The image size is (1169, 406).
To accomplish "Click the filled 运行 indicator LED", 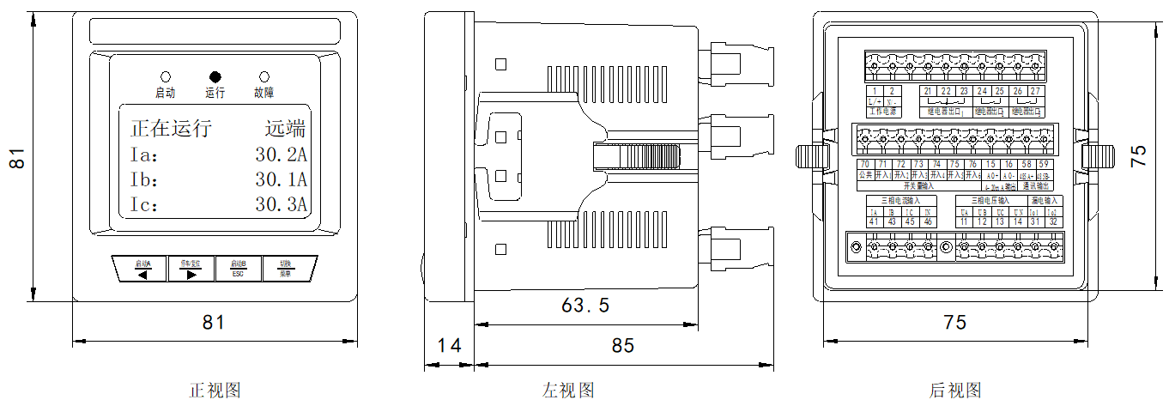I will [215, 76].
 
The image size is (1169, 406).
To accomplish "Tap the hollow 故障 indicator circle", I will [264, 76].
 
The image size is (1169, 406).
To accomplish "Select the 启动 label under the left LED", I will [165, 93].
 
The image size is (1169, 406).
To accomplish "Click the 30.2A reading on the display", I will [282, 155].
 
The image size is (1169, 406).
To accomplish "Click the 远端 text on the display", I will [285, 130].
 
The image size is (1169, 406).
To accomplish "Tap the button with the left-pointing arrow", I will [142, 269].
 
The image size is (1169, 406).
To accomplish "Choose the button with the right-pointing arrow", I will [191, 269].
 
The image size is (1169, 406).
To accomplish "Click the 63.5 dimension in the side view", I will [585, 305].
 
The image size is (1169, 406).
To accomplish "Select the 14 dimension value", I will [449, 345].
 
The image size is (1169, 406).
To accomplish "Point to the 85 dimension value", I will [623, 345].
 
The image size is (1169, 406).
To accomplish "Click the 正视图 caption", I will [215, 391].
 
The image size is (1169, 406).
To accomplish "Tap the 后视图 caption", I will [955, 391].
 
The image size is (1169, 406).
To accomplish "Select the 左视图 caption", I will [568, 391].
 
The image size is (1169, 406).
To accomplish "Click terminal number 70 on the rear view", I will [865, 164].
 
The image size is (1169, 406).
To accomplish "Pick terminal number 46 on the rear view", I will [927, 222].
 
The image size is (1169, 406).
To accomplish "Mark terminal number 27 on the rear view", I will [1036, 91].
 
